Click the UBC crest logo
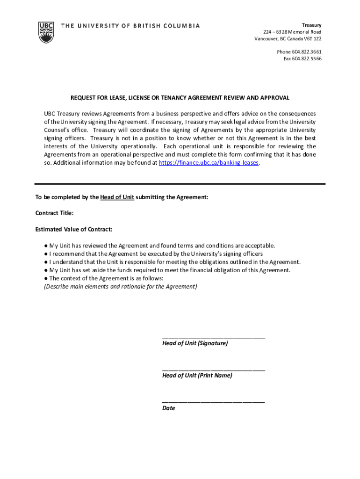click(x=46, y=32)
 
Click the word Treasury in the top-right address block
click(x=311, y=25)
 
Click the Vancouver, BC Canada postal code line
click(x=288, y=38)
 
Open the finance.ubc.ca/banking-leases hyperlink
click(x=209, y=163)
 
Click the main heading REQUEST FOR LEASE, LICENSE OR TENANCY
click(x=180, y=98)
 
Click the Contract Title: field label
click(x=54, y=213)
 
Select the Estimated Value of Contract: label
click(x=73, y=229)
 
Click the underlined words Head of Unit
click(x=117, y=197)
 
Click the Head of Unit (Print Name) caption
click(x=197, y=375)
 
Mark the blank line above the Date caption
click(x=213, y=401)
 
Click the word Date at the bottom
click(x=168, y=408)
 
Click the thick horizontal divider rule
click(x=180, y=184)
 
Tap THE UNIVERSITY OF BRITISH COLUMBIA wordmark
click(x=130, y=26)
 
